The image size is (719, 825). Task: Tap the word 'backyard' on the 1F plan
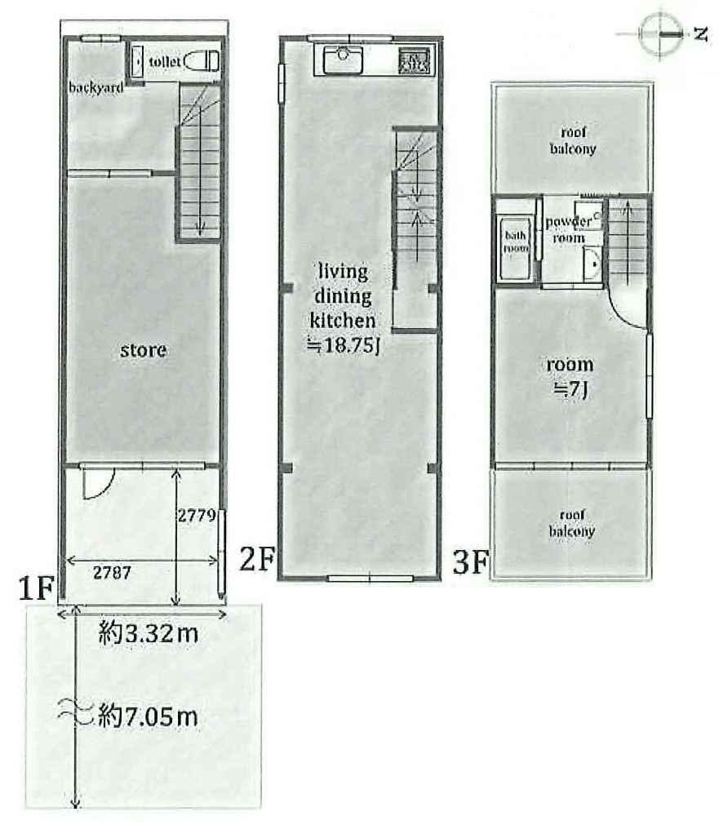[95, 86]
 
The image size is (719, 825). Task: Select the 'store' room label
[143, 350]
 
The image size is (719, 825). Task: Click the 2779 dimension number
[197, 515]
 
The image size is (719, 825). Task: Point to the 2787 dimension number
[112, 572]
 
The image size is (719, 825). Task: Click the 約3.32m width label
[149, 633]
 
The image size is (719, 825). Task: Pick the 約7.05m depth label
[148, 716]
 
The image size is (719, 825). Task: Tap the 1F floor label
[37, 588]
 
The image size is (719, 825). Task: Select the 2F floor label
[257, 559]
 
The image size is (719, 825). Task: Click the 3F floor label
[471, 562]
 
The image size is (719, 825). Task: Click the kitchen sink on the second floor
[343, 60]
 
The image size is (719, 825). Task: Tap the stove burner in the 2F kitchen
[415, 60]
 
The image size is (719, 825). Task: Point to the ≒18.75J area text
[344, 345]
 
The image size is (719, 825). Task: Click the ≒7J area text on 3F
[570, 390]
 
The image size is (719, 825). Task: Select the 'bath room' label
[516, 242]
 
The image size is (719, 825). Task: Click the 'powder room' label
[569, 230]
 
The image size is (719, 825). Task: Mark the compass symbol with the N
[659, 34]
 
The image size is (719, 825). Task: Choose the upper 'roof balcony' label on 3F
[573, 140]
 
